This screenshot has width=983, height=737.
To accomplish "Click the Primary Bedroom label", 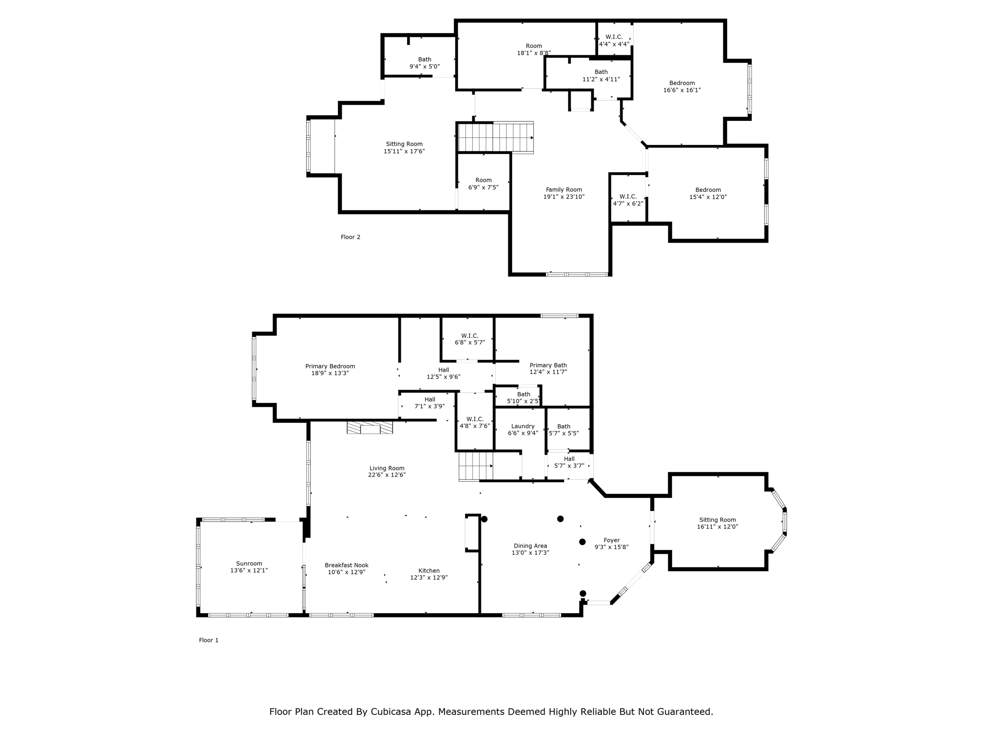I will coord(330,366).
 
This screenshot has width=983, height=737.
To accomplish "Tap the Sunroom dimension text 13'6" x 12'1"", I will coord(249,571).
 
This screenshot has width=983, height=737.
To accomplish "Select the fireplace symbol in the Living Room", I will coord(370,428).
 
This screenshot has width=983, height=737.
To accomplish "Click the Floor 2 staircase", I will coord(495,138).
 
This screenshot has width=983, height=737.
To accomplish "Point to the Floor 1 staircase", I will coord(475,466).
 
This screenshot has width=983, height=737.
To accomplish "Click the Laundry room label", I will coord(523,426).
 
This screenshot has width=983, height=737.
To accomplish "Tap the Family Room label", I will coord(564,190).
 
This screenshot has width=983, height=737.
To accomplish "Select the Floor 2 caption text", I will coord(350,237).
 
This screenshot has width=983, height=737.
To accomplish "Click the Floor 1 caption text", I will coord(209,640).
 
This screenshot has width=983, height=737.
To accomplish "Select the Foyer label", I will coord(611,540).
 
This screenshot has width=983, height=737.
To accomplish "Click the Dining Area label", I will coord(530,546).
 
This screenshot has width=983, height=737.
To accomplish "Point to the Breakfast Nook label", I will coord(347,565).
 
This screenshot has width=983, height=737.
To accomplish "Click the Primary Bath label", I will coord(548,365).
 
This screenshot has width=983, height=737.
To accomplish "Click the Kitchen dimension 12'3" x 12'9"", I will coord(429,578).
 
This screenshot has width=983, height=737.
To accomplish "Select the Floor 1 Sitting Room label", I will coord(717,520).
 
